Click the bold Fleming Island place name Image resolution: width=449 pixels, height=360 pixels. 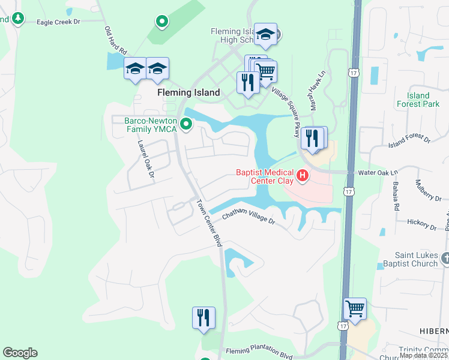pyautogui.click(x=188, y=93)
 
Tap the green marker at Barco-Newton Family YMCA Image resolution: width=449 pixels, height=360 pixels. pyautogui.click(x=186, y=124)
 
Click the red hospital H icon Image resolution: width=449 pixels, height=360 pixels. pyautogui.click(x=303, y=176)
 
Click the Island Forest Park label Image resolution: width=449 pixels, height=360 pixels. pyautogui.click(x=418, y=100)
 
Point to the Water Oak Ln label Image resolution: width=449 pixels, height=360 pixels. pyautogui.click(x=378, y=172)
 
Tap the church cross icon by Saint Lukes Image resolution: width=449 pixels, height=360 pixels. pyautogui.click(x=444, y=258)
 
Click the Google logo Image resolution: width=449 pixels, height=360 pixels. pyautogui.click(x=20, y=353)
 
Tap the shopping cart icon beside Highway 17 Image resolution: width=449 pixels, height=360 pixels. pyautogui.click(x=355, y=309)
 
